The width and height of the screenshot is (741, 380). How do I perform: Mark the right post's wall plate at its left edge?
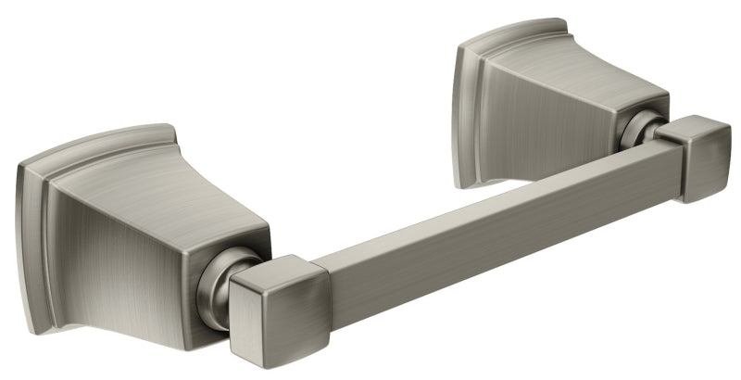pos(458,102)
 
